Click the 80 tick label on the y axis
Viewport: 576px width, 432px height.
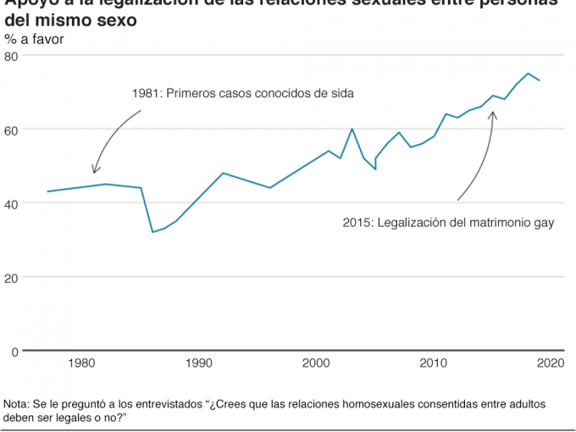11,57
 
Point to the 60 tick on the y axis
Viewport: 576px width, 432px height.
11,130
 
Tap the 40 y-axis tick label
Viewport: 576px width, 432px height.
11,203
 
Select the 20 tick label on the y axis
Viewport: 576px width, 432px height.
11,277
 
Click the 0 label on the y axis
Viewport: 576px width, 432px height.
14,351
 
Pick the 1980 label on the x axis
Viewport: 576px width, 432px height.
81,363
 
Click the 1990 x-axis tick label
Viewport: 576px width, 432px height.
199,363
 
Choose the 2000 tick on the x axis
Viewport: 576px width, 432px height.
317,363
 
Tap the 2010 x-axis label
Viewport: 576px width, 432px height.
434,363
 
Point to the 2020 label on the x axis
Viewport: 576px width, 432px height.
551,363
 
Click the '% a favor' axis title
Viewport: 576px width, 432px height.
33,39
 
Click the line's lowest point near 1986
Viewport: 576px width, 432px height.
152,232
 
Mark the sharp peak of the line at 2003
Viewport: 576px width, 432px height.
352,129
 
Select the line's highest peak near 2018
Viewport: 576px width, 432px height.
529,74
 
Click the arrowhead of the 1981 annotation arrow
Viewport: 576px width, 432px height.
94,173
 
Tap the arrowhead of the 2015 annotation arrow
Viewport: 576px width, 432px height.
493,112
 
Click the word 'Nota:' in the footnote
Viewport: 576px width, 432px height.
16,403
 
